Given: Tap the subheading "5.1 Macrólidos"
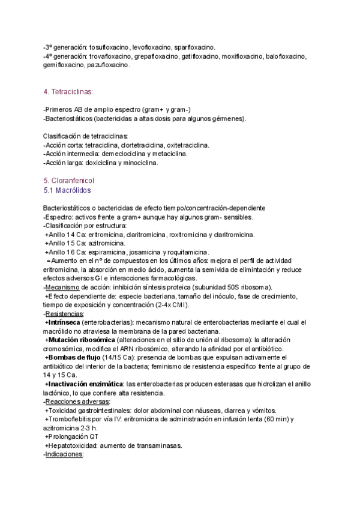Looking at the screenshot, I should [67, 190].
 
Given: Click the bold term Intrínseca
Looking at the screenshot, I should [67, 323].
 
